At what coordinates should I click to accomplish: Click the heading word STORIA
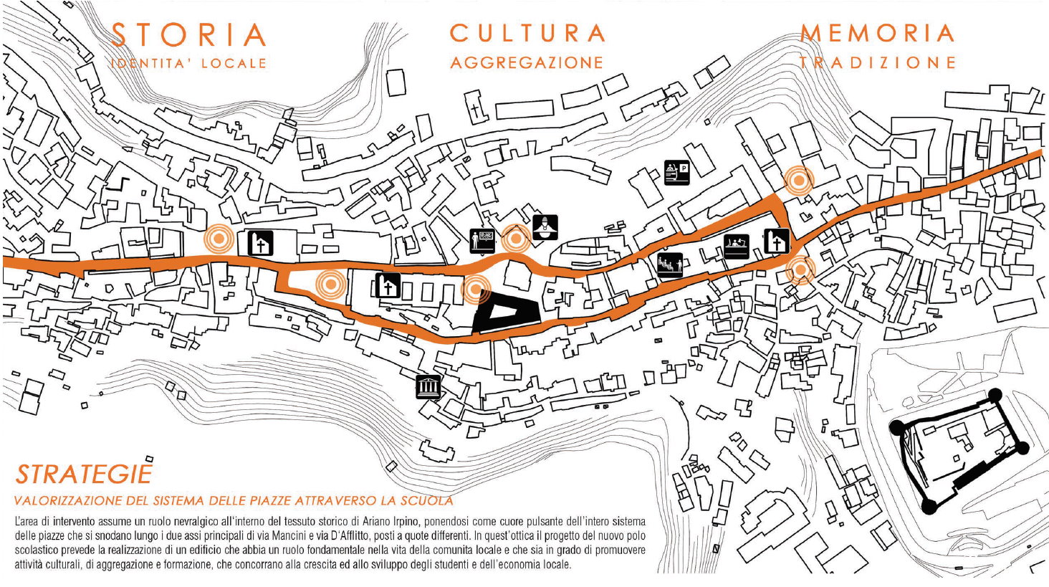[189, 34]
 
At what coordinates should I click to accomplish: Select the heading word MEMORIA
[878, 33]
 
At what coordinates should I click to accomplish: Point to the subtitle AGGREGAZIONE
[527, 62]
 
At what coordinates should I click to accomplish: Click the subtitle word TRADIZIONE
[878, 62]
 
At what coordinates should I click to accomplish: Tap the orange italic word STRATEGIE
[85, 474]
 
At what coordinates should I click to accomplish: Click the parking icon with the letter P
[677, 173]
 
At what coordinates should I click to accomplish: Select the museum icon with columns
[428, 387]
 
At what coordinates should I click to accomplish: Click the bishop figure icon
[545, 227]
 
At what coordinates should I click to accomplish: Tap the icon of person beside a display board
[482, 242]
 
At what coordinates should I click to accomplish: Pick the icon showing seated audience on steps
[670, 265]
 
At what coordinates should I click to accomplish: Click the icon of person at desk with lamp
[737, 247]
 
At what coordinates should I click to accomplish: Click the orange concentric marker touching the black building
[475, 289]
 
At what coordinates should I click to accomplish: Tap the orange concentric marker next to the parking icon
[800, 181]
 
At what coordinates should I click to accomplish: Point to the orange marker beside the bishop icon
[516, 239]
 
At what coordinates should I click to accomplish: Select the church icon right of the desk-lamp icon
[777, 242]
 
